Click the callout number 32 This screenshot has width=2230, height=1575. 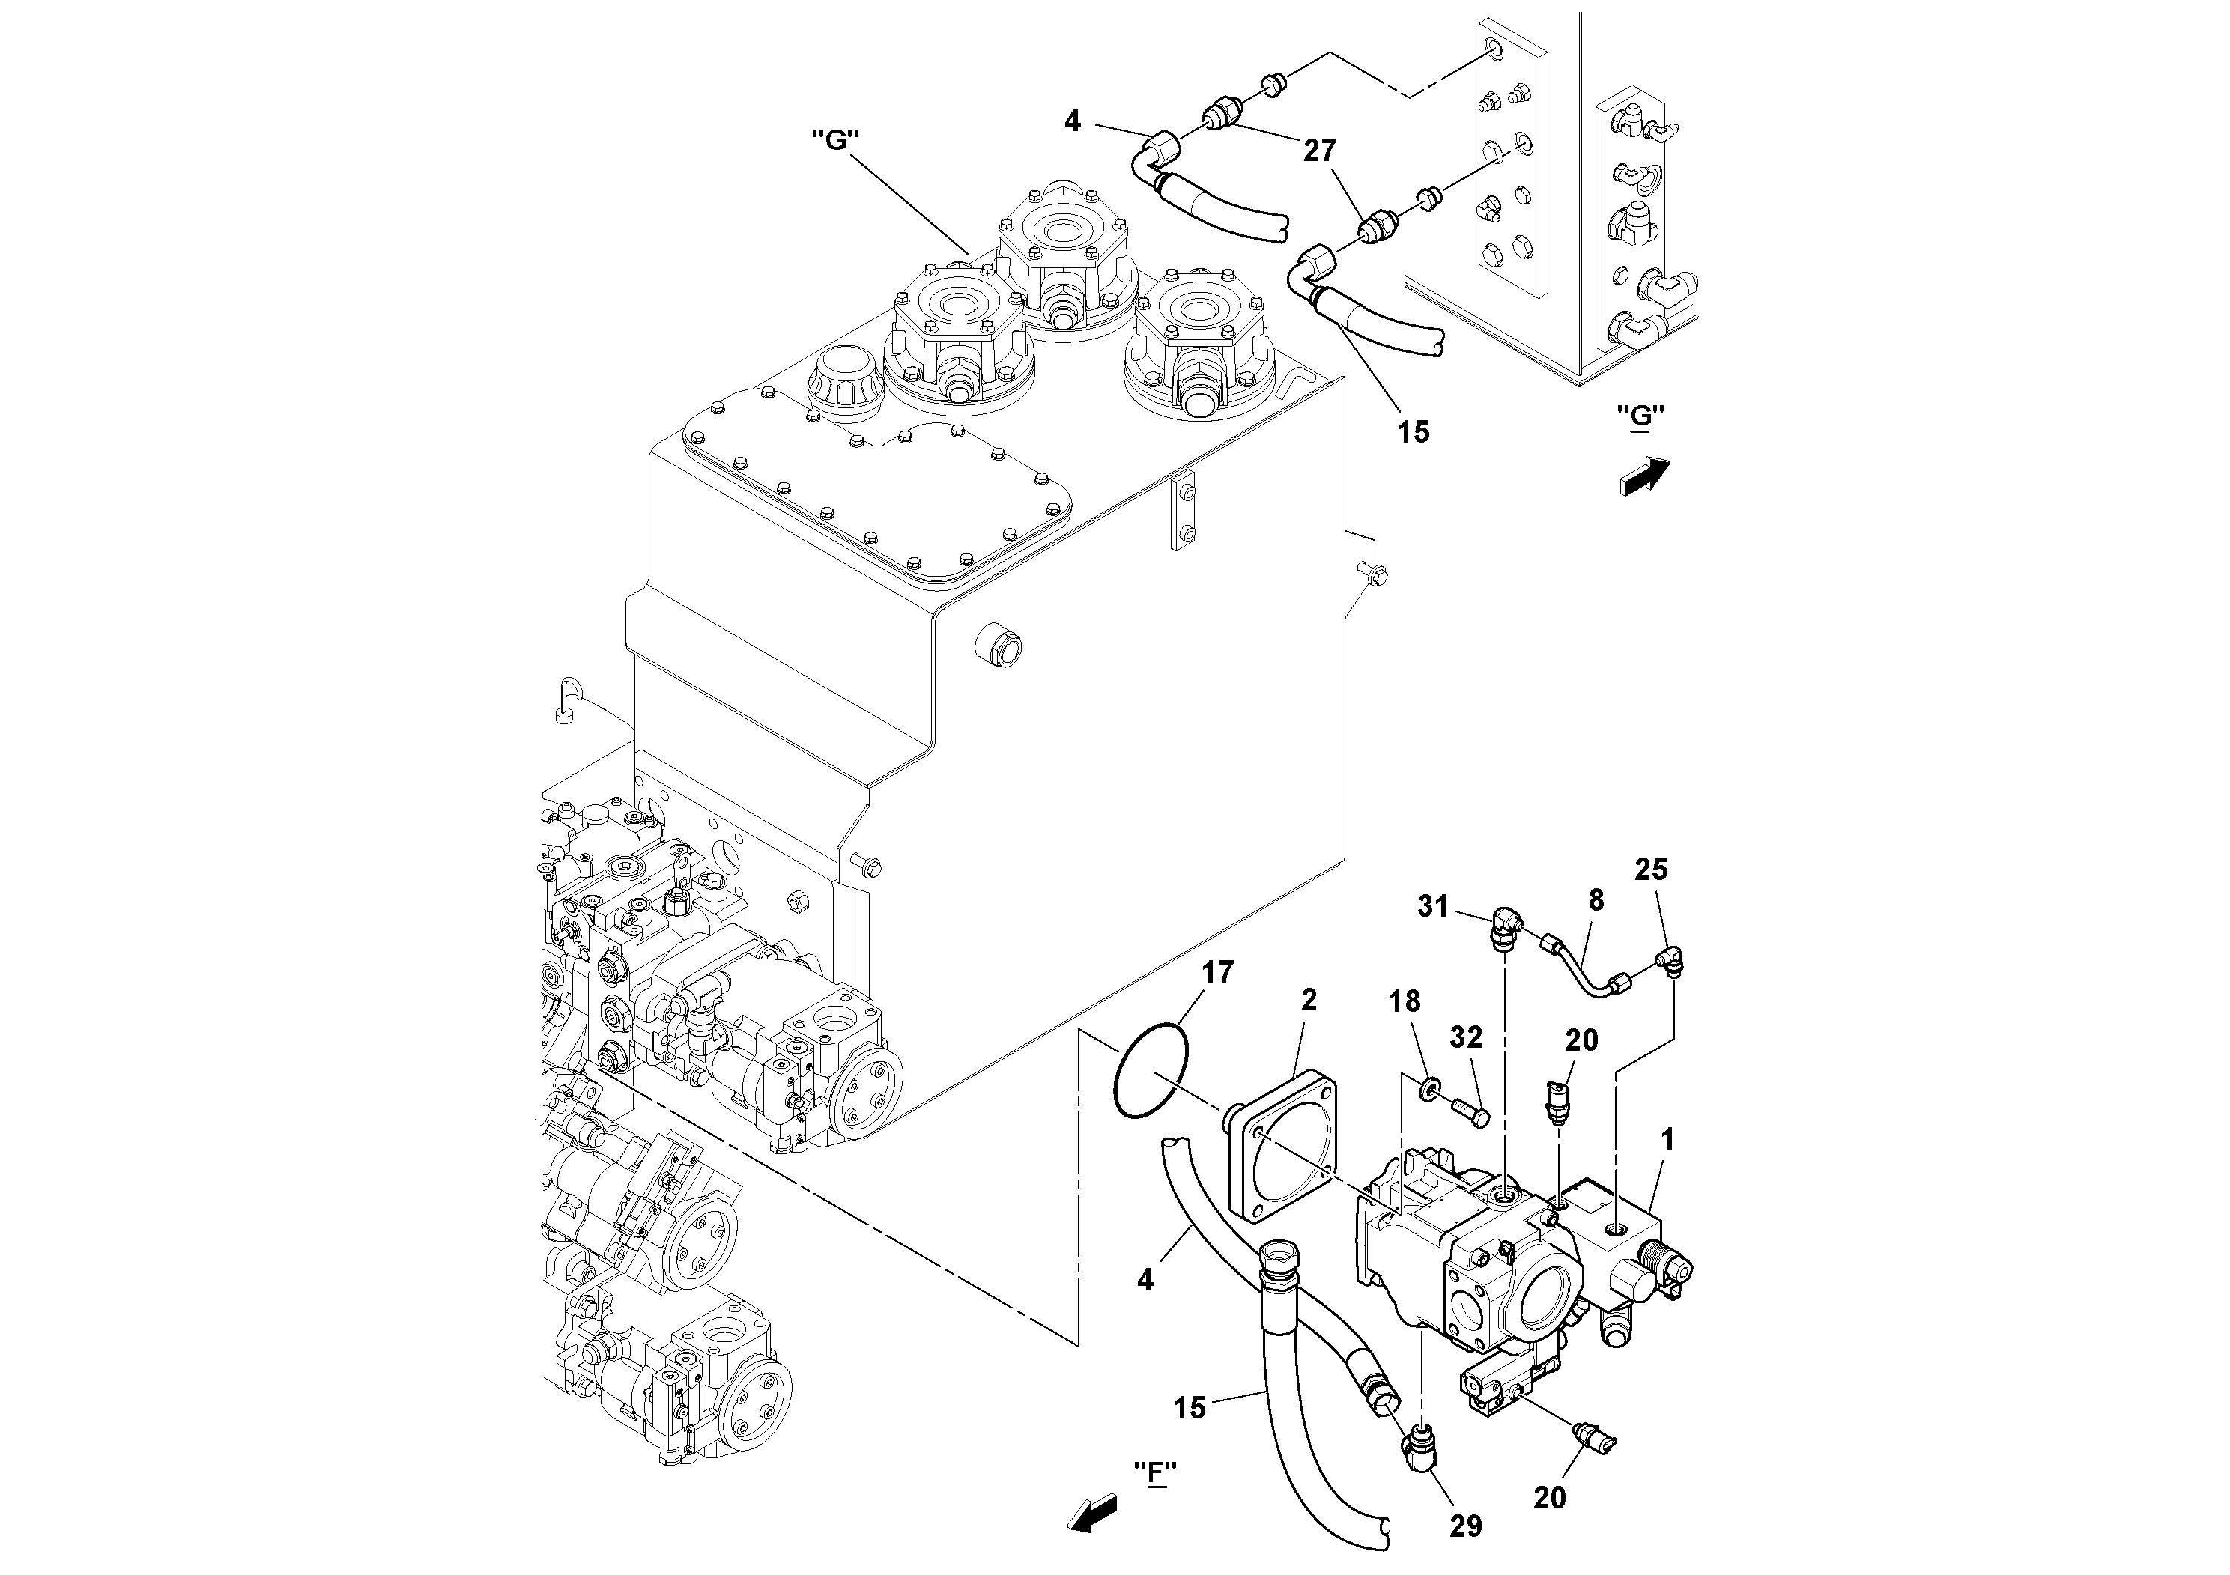pyautogui.click(x=1466, y=1038)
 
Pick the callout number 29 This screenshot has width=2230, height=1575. pyautogui.click(x=1466, y=1526)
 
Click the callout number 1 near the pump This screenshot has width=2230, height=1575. pyautogui.click(x=1667, y=1141)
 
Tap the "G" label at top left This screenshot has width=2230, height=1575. pyautogui.click(x=835, y=140)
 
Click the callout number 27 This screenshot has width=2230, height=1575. pyautogui.click(x=1321, y=151)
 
